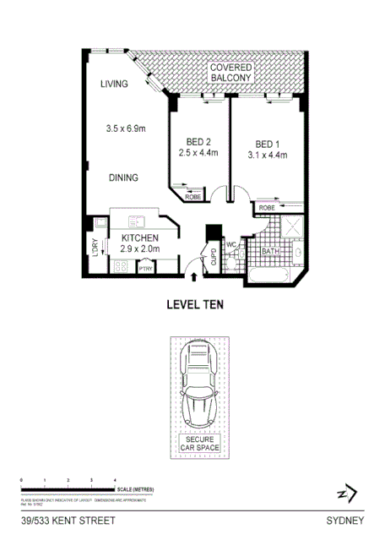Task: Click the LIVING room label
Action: coord(113,84)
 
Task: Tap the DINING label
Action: coord(122,178)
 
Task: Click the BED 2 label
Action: coord(198,142)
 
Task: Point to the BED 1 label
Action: coord(267,144)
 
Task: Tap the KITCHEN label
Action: coord(140,239)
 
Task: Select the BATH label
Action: coord(269,251)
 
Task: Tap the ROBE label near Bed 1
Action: coord(267,207)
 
